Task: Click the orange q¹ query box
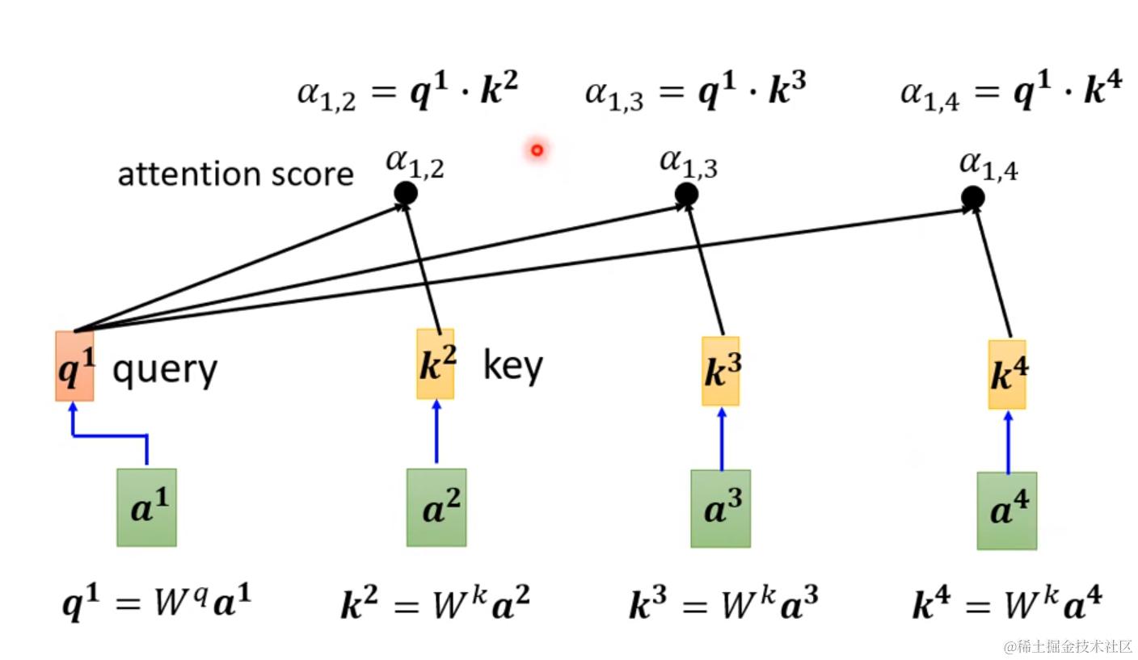(x=74, y=366)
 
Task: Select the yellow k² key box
(x=436, y=364)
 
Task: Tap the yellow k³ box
(x=720, y=371)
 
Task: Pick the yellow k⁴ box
(x=1007, y=375)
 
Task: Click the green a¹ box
(x=147, y=507)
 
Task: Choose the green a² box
(x=436, y=507)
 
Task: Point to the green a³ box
(x=720, y=509)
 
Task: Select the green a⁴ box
(x=1007, y=511)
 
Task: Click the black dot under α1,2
(x=406, y=193)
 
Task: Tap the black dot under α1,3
(x=686, y=195)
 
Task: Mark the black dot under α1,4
(x=973, y=197)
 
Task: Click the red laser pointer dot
(x=537, y=150)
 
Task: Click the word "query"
(x=165, y=370)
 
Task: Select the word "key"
(x=513, y=364)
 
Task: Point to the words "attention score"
(x=235, y=174)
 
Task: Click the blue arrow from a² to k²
(x=436, y=431)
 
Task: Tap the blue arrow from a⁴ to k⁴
(x=1009, y=442)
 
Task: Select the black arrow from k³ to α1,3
(x=705, y=270)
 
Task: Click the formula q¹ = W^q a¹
(x=157, y=603)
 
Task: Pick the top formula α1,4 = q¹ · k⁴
(x=1011, y=90)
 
